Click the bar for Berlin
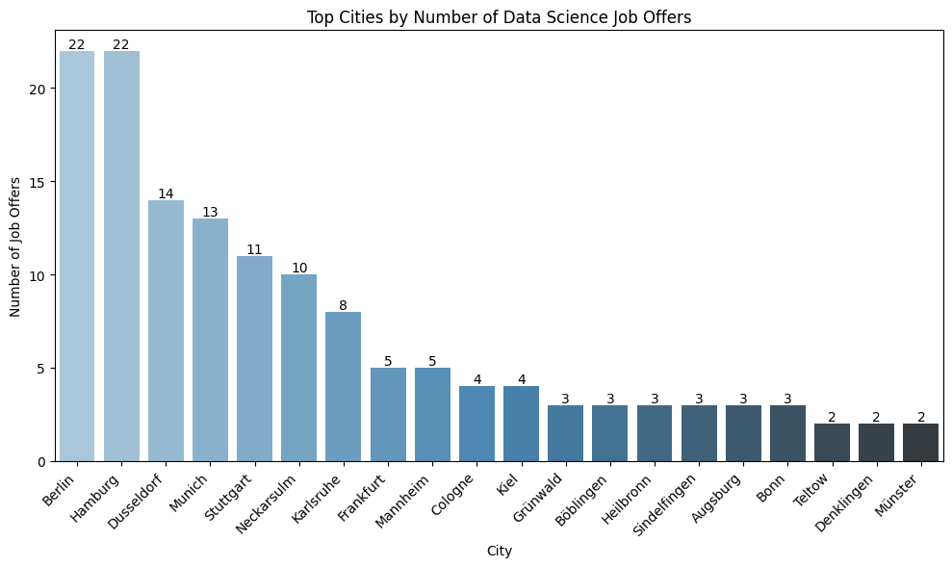(x=77, y=256)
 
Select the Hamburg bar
(x=121, y=256)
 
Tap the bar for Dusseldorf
(x=166, y=330)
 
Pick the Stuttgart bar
(x=254, y=358)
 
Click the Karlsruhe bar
(x=344, y=386)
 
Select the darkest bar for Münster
(x=920, y=442)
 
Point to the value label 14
(x=166, y=193)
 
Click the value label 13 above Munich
(x=210, y=212)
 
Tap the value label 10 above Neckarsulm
(x=298, y=268)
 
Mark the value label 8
(x=344, y=305)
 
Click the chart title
(x=499, y=17)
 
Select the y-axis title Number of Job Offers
(x=15, y=247)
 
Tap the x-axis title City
(x=499, y=552)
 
